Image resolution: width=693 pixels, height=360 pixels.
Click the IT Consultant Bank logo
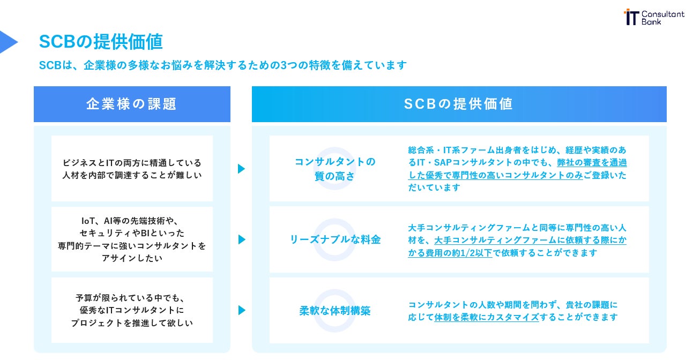pyautogui.click(x=654, y=17)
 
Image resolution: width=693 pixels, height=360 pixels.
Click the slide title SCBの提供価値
pyautogui.click(x=101, y=41)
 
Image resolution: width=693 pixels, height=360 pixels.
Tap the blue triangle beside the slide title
pyautogui.click(x=8, y=42)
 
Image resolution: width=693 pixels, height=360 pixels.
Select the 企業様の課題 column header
pyautogui.click(x=132, y=104)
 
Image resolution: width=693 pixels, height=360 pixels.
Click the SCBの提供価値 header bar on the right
pyautogui.click(x=459, y=104)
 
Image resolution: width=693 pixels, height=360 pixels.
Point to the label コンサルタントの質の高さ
pyautogui.click(x=334, y=169)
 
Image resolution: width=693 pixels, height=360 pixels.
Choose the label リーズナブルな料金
pyautogui.click(x=335, y=239)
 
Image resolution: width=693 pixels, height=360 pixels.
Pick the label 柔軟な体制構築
pyautogui.click(x=335, y=311)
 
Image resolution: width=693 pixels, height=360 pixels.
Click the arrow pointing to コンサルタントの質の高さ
pyautogui.click(x=241, y=169)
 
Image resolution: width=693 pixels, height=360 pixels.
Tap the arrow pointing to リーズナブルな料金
pyautogui.click(x=241, y=239)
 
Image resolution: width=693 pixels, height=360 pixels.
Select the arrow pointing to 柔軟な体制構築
pyautogui.click(x=241, y=310)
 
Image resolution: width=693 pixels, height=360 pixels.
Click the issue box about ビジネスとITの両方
pyautogui.click(x=132, y=169)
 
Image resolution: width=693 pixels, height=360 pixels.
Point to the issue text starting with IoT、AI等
pyautogui.click(x=132, y=239)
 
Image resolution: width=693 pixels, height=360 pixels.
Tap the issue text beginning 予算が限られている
pyautogui.click(x=132, y=310)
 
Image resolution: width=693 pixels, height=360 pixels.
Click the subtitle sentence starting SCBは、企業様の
pyautogui.click(x=223, y=65)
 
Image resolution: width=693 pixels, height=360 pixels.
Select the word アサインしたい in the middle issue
pyautogui.click(x=132, y=258)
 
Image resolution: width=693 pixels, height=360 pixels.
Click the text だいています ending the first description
pyautogui.click(x=434, y=187)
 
